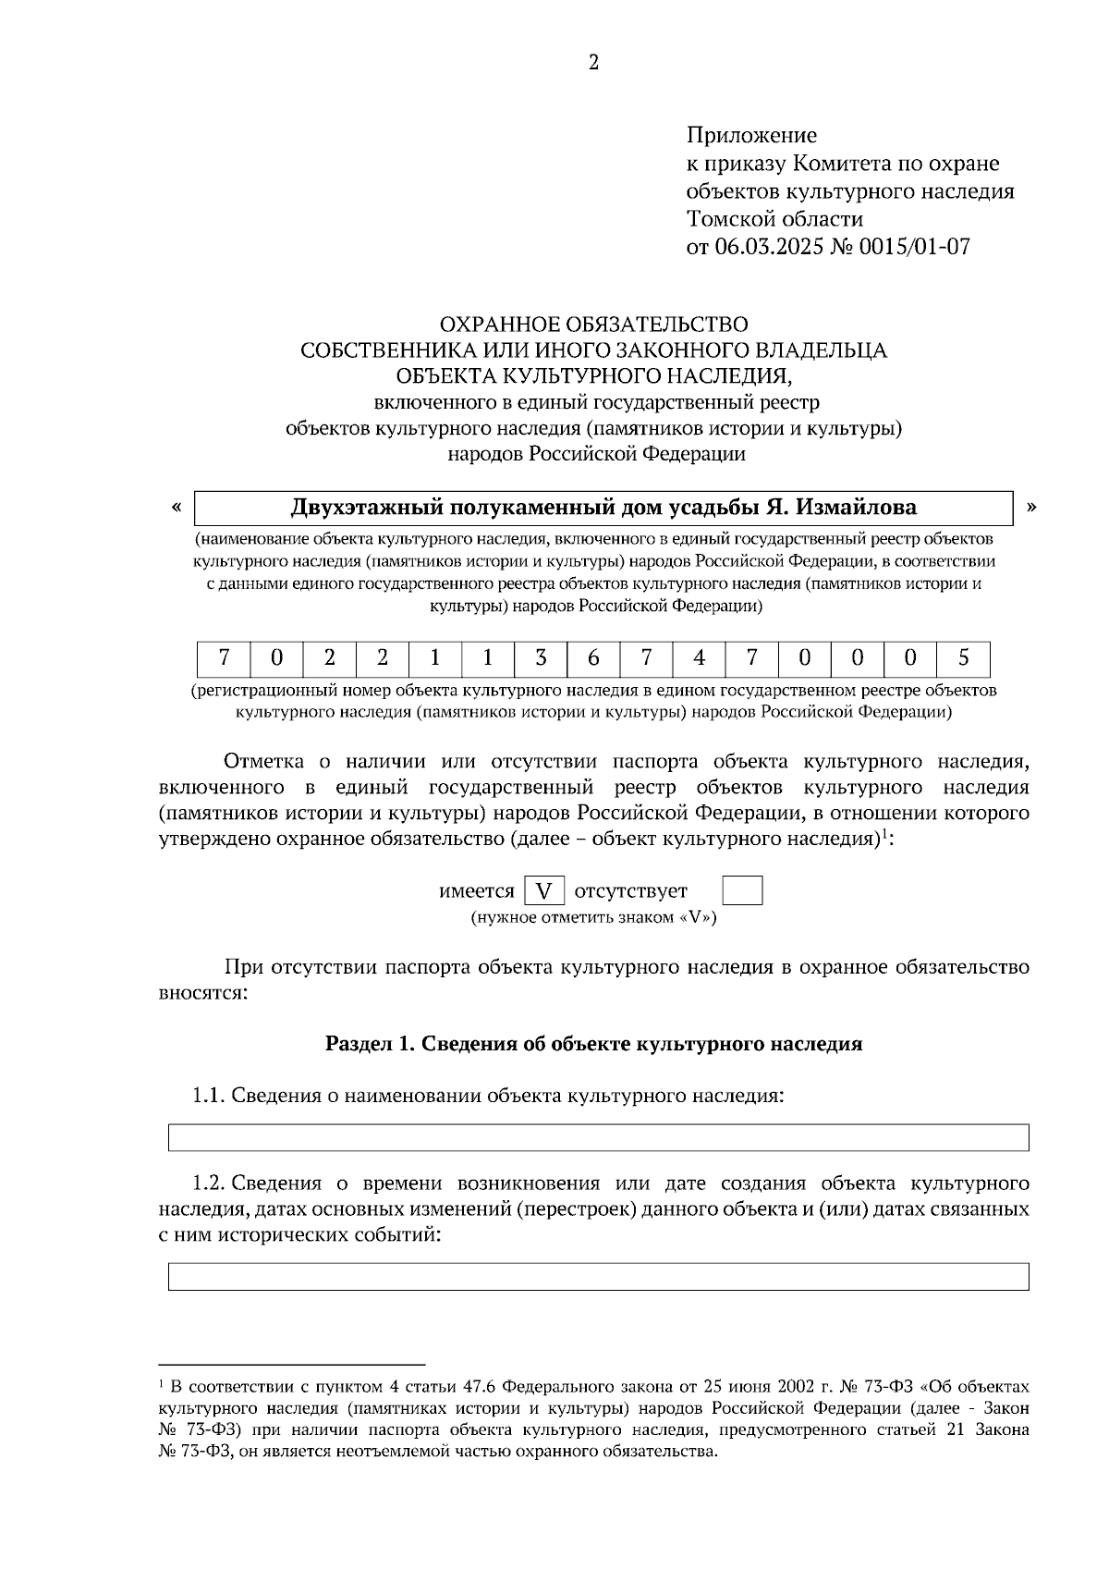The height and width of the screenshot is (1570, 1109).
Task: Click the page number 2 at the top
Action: pyautogui.click(x=593, y=62)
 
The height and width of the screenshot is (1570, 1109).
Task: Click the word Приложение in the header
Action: pyautogui.click(x=750, y=136)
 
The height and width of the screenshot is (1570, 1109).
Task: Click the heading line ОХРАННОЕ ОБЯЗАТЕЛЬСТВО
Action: pyautogui.click(x=593, y=325)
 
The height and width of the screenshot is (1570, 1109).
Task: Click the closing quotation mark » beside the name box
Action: pyautogui.click(x=1031, y=506)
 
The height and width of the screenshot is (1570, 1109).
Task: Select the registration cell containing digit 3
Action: pyautogui.click(x=541, y=658)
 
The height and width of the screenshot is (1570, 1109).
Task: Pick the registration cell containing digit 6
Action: pyautogui.click(x=593, y=658)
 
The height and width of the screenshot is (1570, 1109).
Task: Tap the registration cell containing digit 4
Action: pyautogui.click(x=699, y=658)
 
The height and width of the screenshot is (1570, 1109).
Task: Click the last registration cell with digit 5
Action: pyautogui.click(x=963, y=658)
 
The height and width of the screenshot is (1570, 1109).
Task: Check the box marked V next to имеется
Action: pyautogui.click(x=544, y=891)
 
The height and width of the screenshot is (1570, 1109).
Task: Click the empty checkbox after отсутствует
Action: pyautogui.click(x=742, y=891)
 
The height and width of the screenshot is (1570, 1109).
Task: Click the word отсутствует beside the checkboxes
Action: pyautogui.click(x=631, y=891)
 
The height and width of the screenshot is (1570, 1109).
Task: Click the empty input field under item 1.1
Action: pyautogui.click(x=598, y=1137)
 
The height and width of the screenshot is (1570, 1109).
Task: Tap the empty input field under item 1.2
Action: pyautogui.click(x=598, y=1276)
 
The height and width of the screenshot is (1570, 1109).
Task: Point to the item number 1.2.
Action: pyautogui.click(x=208, y=1184)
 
